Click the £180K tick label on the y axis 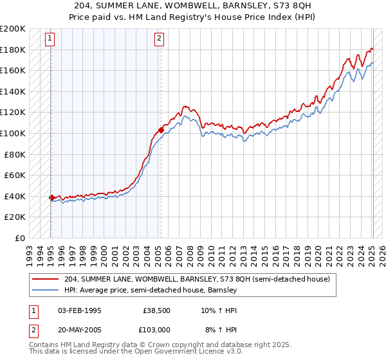[13, 50]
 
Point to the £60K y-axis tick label [15, 175]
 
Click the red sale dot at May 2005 [161, 130]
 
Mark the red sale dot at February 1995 [51, 198]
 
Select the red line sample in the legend [46, 279]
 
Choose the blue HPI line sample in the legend [46, 290]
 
